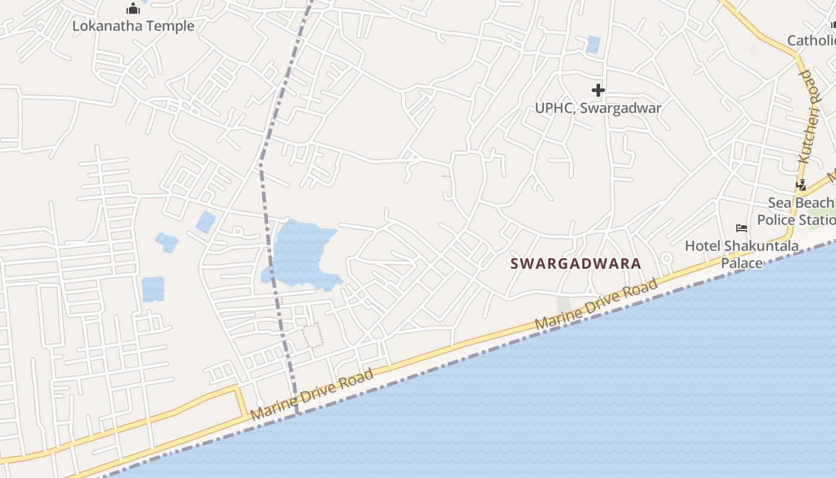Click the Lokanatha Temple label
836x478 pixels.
click(x=133, y=26)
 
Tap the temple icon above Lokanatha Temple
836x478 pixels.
click(x=133, y=8)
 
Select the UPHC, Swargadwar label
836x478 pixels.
click(x=598, y=108)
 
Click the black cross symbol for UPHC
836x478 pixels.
click(x=598, y=90)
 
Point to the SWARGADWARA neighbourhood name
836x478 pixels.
click(x=576, y=263)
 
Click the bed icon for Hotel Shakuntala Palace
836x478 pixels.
click(x=742, y=228)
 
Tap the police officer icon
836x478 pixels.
click(x=801, y=185)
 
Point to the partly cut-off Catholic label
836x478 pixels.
click(x=811, y=41)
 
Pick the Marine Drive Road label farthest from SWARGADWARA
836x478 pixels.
click(x=312, y=394)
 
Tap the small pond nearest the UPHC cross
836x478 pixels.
click(x=593, y=45)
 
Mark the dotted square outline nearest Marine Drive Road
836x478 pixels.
click(x=312, y=335)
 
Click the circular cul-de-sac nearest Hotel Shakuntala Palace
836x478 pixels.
click(x=666, y=258)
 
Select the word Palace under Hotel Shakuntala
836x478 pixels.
click(x=742, y=263)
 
